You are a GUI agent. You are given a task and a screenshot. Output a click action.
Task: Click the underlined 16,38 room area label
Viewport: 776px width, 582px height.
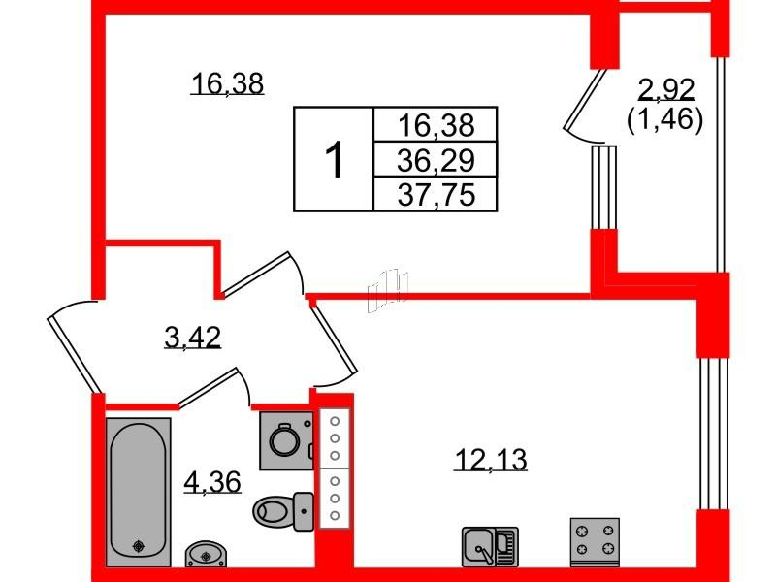(x=227, y=83)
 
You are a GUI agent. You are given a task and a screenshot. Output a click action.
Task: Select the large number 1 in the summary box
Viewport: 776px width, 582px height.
(x=334, y=159)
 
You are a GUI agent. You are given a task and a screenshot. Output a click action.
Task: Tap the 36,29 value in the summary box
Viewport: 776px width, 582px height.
(x=436, y=160)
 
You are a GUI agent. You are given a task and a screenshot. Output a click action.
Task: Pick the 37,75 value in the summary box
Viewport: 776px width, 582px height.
(x=436, y=194)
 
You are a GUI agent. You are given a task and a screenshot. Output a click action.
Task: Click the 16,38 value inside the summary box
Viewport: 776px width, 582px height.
(x=436, y=125)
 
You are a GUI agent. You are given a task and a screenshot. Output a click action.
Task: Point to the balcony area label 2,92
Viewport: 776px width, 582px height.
(x=666, y=89)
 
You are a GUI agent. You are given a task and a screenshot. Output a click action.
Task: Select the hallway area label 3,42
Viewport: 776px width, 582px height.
(x=192, y=338)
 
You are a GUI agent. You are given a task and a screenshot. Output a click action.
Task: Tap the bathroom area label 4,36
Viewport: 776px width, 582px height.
(x=212, y=481)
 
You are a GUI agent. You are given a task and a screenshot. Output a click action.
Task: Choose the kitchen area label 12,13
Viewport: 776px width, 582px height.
(x=491, y=460)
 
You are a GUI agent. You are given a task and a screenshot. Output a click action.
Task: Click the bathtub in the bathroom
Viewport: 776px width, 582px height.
(x=138, y=492)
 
